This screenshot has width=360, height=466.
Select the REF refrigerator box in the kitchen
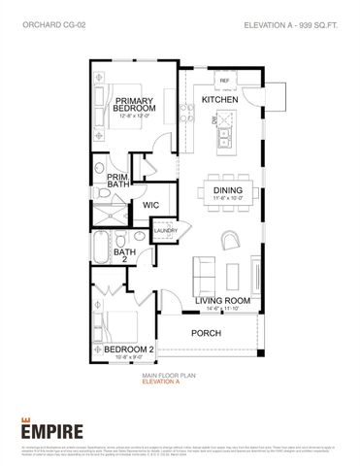point(223,81)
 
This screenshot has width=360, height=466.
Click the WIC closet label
point(150,205)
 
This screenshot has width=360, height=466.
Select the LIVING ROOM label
point(224,301)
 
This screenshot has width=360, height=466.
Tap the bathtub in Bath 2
point(103,247)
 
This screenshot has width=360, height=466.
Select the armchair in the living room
point(231,239)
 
